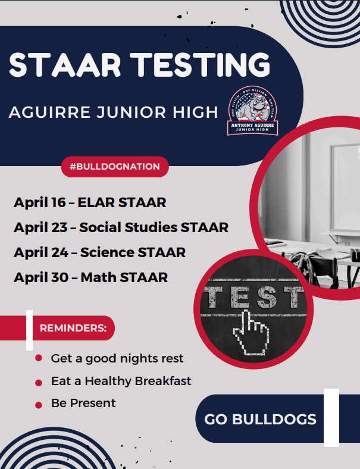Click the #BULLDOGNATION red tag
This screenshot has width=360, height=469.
click(115, 167)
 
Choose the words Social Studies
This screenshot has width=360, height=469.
click(128, 227)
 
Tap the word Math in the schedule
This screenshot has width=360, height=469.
click(97, 277)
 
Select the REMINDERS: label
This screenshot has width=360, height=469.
click(73, 328)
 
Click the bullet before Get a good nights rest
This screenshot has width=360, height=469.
click(39, 358)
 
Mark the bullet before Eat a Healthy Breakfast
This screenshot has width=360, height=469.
click(39, 382)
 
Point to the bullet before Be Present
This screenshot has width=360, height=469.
click(39, 404)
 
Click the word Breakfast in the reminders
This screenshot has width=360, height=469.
click(163, 381)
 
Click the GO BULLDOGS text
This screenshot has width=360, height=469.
click(260, 419)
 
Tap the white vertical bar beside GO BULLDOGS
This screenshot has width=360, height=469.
click(331, 418)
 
